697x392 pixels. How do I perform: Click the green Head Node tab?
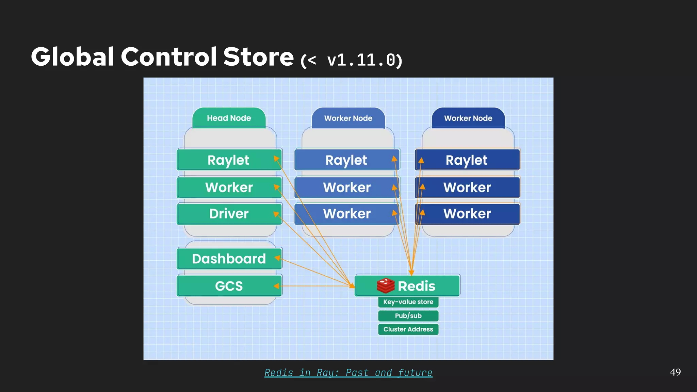point(229,118)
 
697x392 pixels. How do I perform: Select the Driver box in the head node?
point(229,214)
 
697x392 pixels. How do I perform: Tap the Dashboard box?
point(229,259)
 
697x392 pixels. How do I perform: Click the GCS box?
point(229,286)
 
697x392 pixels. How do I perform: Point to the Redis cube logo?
point(386,285)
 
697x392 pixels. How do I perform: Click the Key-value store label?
point(408,302)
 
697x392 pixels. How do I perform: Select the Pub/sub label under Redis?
point(408,316)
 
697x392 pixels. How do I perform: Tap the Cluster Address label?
point(408,329)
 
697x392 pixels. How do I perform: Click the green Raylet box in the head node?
point(229,160)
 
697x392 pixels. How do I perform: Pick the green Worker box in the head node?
point(229,187)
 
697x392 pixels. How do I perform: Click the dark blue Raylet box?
point(467,160)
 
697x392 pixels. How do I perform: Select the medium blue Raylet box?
point(346,160)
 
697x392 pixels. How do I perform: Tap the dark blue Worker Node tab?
point(468,118)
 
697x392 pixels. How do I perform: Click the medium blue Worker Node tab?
point(348,118)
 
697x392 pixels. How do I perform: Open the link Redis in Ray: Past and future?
point(348,373)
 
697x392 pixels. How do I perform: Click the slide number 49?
point(675,372)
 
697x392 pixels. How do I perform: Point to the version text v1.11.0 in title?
point(361,60)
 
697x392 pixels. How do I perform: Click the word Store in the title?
point(258,56)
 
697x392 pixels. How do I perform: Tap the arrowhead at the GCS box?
point(276,286)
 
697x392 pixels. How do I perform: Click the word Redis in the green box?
point(417,286)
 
